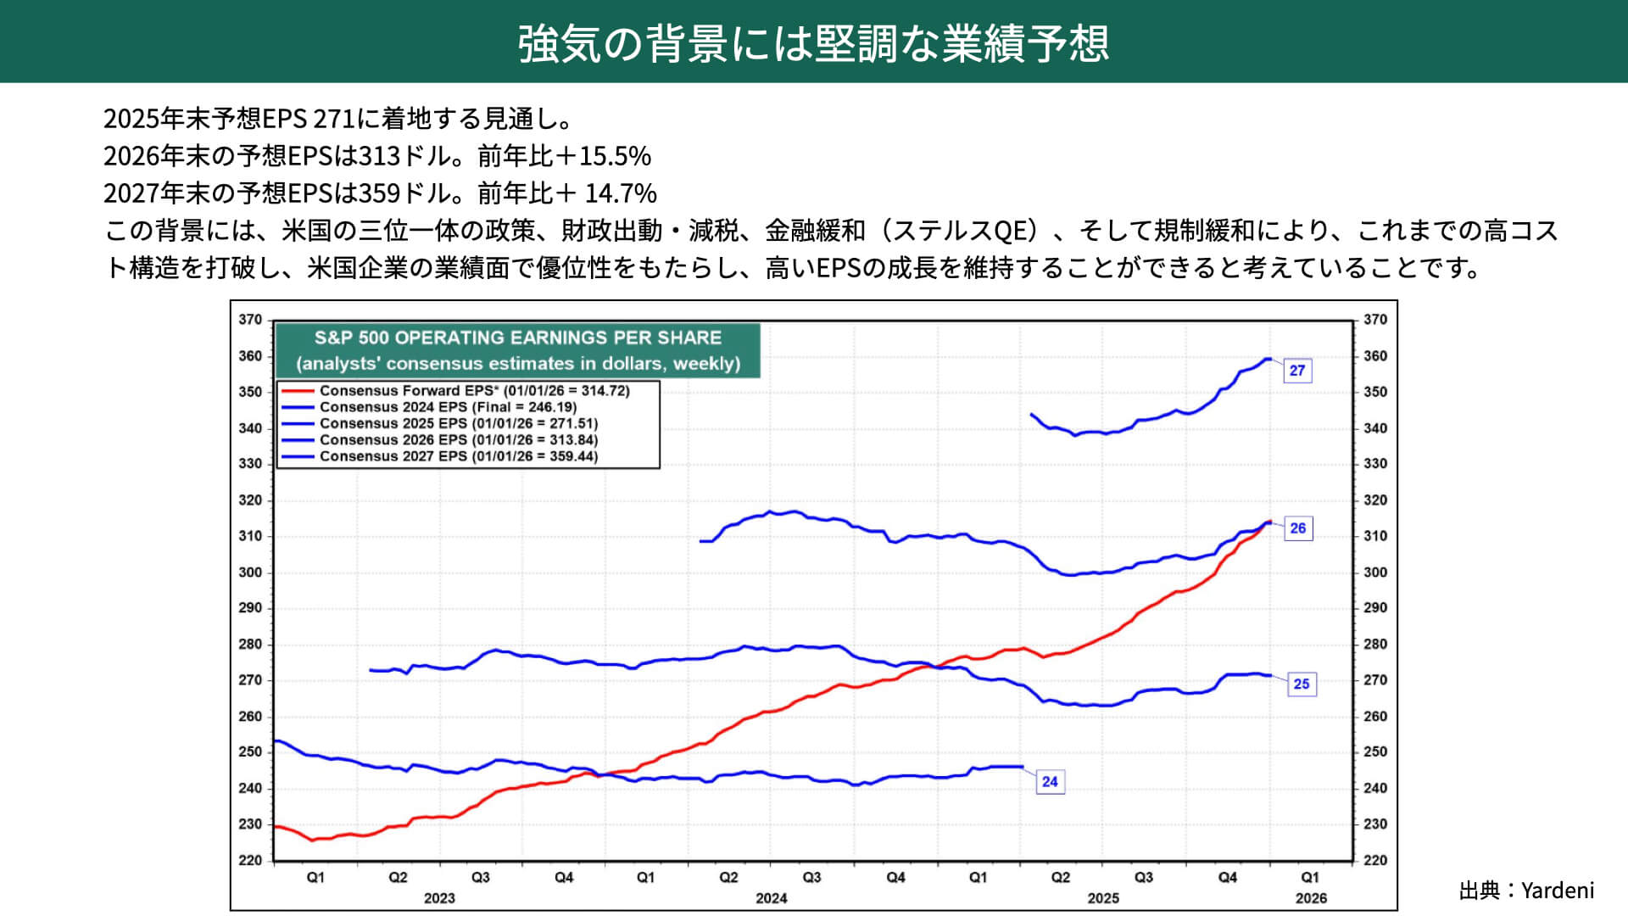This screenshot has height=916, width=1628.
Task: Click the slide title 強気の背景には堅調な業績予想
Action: coord(813,43)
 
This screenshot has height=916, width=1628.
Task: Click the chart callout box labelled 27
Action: coord(1296,371)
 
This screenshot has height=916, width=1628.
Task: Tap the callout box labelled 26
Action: coord(1297,528)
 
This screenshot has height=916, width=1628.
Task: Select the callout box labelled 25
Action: coord(1301,684)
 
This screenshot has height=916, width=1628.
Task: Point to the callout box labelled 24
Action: coord(1050,782)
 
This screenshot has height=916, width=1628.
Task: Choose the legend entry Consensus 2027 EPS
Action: coord(458,456)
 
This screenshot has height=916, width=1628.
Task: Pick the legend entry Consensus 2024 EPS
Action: coord(448,407)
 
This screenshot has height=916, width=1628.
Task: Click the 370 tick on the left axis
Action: coord(250,320)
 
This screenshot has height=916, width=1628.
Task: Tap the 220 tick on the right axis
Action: coord(1375,860)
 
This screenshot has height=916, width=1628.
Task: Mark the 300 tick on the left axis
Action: coord(250,572)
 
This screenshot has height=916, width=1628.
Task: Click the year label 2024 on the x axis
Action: coord(771,898)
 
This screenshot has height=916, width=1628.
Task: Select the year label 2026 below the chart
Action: coord(1311,898)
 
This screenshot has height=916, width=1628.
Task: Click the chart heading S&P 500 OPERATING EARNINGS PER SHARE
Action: coord(517,338)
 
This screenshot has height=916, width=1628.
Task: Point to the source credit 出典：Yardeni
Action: coord(1526,891)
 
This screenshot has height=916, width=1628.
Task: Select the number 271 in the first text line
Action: coord(333,119)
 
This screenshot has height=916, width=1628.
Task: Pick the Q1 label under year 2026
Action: coord(1310,878)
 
